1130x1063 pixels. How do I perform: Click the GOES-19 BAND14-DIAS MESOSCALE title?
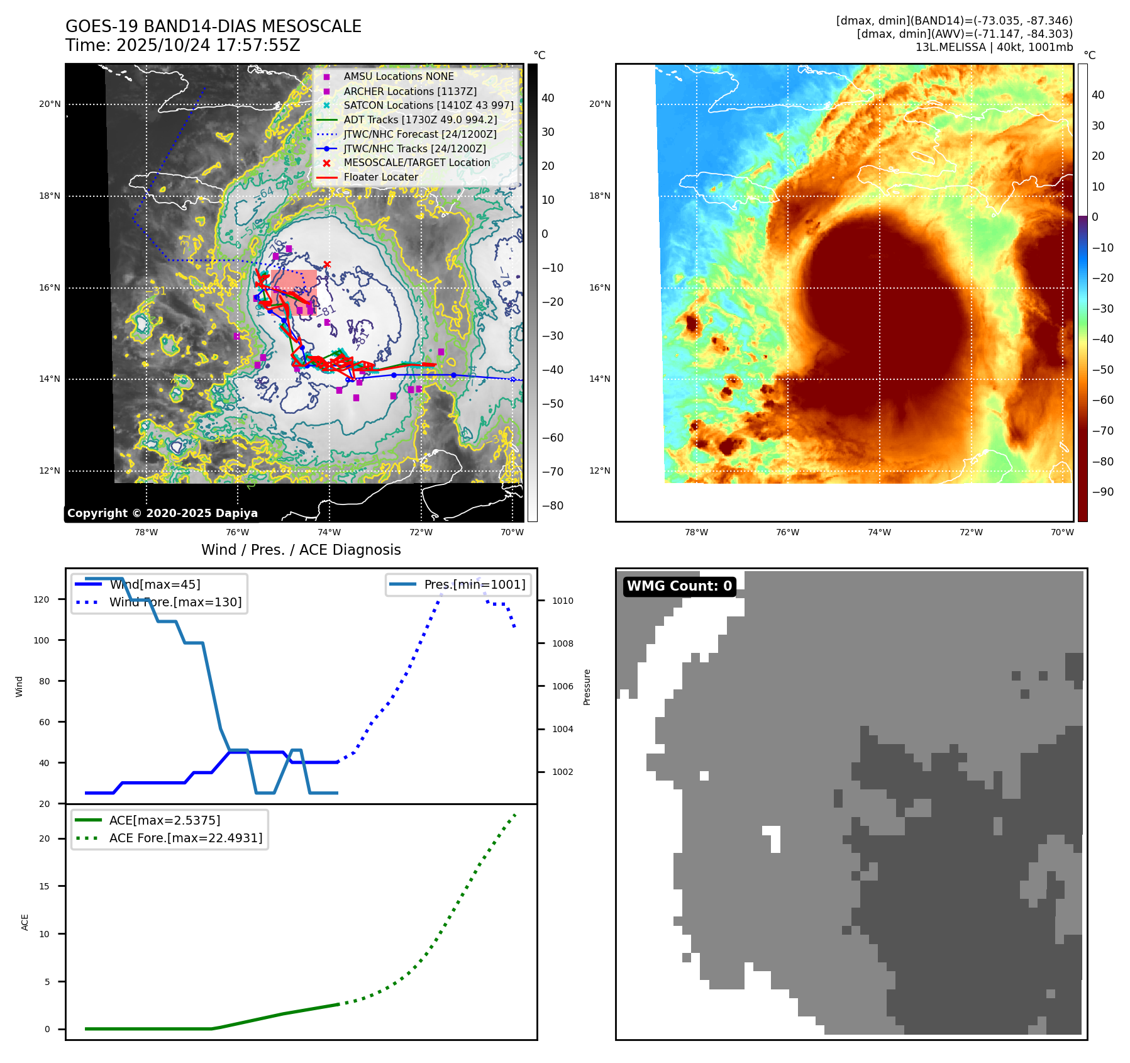click(213, 26)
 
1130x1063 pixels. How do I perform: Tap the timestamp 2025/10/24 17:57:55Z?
click(208, 45)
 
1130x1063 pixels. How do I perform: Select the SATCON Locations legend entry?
click(428, 105)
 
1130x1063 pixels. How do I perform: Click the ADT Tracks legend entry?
click(420, 120)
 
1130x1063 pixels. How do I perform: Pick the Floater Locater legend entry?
click(380, 177)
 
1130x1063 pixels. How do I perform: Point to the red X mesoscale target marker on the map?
click(327, 264)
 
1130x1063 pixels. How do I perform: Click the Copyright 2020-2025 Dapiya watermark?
click(162, 513)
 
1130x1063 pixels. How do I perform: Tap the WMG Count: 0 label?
click(679, 586)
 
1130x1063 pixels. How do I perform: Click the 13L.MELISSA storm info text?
click(994, 47)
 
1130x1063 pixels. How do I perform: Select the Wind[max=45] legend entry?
click(155, 584)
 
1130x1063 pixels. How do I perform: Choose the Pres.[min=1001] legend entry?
click(474, 584)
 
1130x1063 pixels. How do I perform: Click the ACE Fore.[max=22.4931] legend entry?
click(186, 838)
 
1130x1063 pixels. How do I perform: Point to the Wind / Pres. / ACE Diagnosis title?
click(301, 550)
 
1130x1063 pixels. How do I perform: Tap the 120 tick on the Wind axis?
click(42, 599)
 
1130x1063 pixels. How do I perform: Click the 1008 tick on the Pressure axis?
click(562, 643)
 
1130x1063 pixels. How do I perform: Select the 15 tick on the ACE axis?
click(45, 886)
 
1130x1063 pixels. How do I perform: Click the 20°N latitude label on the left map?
click(50, 104)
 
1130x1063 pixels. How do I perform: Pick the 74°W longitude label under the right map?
click(878, 532)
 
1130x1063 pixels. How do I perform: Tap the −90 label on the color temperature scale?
click(1102, 492)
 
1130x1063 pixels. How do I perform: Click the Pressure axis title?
click(587, 687)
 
